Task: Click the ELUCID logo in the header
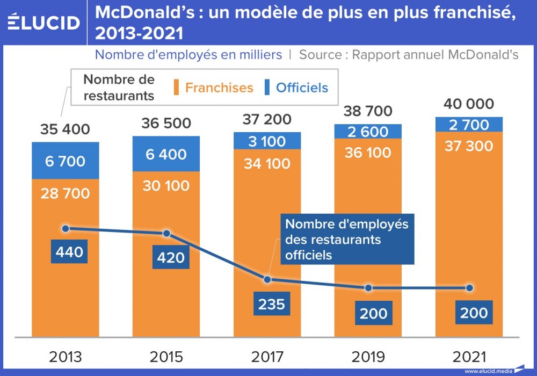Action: [44, 23]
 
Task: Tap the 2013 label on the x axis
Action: [66, 357]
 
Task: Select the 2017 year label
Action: [267, 357]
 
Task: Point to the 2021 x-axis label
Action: [469, 357]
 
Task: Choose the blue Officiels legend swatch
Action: [267, 88]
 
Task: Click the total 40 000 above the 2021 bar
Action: [469, 104]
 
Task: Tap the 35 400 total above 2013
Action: [66, 129]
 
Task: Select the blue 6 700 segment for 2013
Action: [66, 161]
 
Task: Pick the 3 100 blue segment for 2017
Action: [267, 141]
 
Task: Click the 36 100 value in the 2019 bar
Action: [368, 153]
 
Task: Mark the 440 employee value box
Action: [69, 251]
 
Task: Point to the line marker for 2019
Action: [368, 288]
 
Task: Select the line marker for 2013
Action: [66, 228]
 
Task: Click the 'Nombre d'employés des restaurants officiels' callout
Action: [347, 240]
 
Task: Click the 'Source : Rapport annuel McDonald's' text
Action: [409, 55]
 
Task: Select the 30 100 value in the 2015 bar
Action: [166, 185]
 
